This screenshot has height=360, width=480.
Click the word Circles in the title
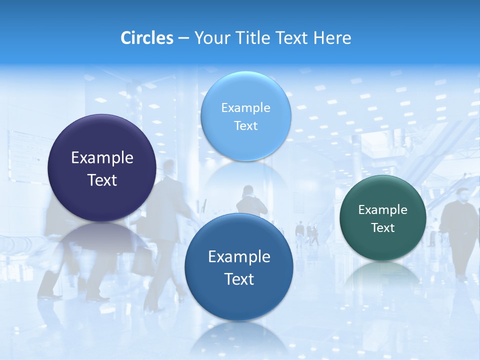point(147,38)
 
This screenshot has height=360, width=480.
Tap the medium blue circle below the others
point(238,300)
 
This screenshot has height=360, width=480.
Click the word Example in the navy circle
point(102,158)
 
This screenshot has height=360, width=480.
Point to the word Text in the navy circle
point(102,180)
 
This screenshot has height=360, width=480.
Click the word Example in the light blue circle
point(245,108)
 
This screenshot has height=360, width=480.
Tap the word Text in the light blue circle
point(245,125)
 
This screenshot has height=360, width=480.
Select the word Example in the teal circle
point(382,210)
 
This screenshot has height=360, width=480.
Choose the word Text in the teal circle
point(383,228)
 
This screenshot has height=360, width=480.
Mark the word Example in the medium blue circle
point(239,257)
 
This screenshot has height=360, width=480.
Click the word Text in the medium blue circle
point(239,279)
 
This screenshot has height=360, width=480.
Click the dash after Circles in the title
point(183,38)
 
